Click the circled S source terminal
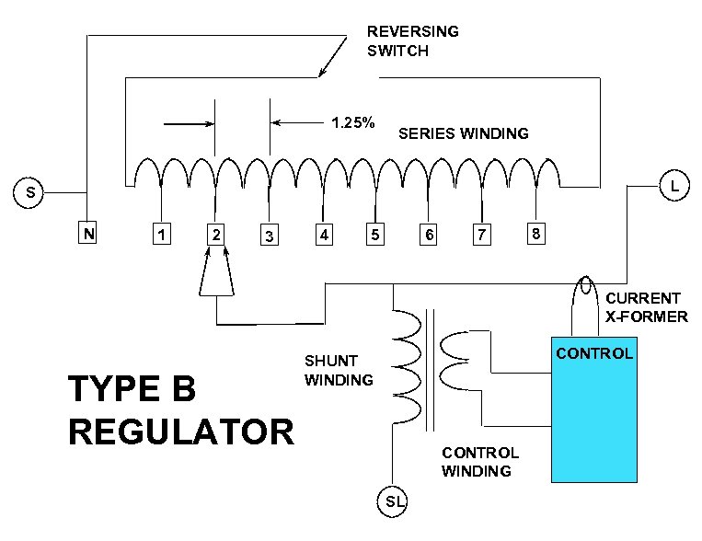(31, 193)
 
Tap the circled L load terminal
(674, 187)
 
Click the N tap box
(87, 234)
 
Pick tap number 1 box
(162, 235)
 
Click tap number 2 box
(215, 235)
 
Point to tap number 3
(269, 236)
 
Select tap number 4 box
(323, 235)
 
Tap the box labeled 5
(374, 235)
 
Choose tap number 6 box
(428, 235)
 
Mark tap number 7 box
(480, 235)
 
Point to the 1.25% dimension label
(351, 122)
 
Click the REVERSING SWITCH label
(412, 40)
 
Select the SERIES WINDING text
(463, 133)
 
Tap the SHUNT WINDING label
(339, 370)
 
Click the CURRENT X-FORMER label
(646, 307)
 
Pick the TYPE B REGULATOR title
(180, 410)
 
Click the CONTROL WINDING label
(479, 462)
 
